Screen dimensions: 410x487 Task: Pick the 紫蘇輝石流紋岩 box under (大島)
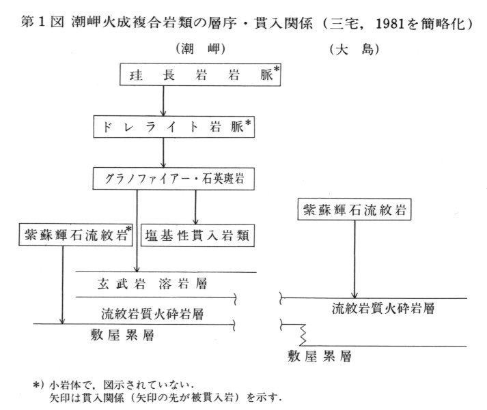click(354, 210)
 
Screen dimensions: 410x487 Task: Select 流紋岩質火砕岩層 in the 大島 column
click(383, 308)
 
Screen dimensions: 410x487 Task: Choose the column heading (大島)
click(354, 48)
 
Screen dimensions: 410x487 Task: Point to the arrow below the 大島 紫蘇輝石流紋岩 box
click(354, 259)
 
